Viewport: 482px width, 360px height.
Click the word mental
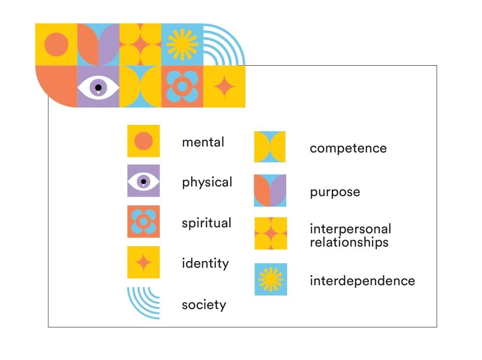point(203,142)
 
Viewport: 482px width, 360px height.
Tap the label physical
point(207,182)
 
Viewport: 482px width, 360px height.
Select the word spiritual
point(206,223)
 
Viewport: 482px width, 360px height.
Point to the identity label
point(205,264)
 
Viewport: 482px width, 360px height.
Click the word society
point(204,305)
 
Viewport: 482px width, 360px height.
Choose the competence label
point(348,149)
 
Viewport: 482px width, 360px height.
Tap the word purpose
point(335,192)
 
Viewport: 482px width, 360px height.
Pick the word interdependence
point(362,281)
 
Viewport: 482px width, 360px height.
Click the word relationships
point(349,242)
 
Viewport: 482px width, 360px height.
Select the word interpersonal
point(351,229)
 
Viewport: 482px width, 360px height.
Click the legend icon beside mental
point(143,141)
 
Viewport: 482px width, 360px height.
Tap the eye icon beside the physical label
point(143,180)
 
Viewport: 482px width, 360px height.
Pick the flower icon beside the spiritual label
point(143,221)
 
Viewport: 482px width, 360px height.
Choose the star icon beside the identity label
point(143,262)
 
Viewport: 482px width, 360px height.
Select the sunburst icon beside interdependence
point(271,279)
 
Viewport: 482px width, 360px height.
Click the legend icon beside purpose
point(270,191)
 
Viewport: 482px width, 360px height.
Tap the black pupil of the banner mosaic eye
point(98,88)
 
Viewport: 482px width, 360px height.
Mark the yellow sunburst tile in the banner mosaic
point(182,45)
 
